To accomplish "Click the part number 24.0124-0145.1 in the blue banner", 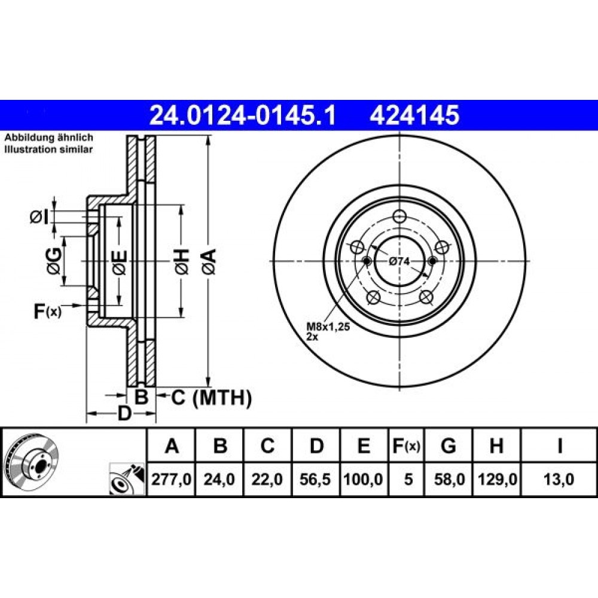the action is point(243,115).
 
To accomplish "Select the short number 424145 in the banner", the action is point(414,115).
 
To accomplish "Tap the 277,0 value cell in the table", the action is point(171,479).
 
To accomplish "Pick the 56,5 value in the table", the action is point(315,479).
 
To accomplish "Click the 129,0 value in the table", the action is point(497,479).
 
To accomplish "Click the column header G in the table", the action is point(448,446).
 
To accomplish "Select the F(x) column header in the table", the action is point(407,446).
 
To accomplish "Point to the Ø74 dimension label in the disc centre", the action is point(399,261).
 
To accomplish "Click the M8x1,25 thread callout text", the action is point(328,327).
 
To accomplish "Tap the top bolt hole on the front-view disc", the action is point(399,216).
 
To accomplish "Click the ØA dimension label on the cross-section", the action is point(209,261).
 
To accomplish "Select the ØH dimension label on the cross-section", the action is point(182,261).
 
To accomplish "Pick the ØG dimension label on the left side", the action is point(53,261).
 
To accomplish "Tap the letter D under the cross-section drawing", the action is point(124,413).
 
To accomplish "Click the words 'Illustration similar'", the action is point(48,149).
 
